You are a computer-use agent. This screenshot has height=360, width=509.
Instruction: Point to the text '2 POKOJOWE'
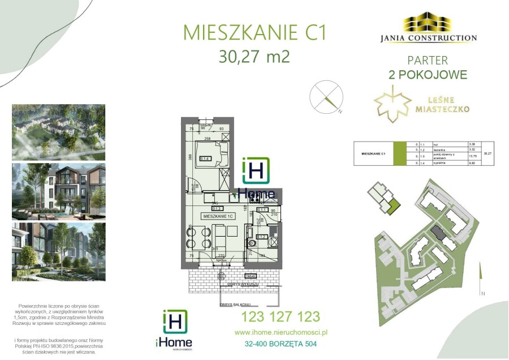pos(428,74)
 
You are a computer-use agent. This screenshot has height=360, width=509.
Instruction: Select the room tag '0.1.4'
pos(205,158)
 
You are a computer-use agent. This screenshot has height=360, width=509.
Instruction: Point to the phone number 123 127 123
pos(281,317)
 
